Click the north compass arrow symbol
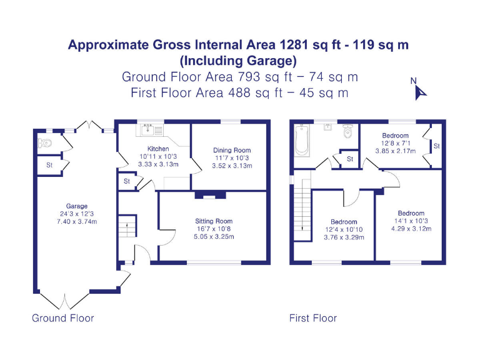[x=420, y=92]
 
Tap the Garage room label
[x=77, y=206]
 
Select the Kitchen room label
[x=149, y=149]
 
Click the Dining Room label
[x=231, y=151]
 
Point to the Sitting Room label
[x=214, y=221]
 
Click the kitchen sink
[x=149, y=130]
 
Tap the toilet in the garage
[x=45, y=143]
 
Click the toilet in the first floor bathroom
[x=347, y=132]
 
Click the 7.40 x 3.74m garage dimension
[x=77, y=222]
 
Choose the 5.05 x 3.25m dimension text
[x=214, y=237]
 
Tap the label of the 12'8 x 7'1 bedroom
[x=395, y=136]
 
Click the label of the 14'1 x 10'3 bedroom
[x=411, y=213]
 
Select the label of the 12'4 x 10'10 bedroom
[x=343, y=222]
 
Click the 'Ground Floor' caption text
[x=63, y=318]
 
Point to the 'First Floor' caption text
[x=312, y=318]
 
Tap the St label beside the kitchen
[x=126, y=182]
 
